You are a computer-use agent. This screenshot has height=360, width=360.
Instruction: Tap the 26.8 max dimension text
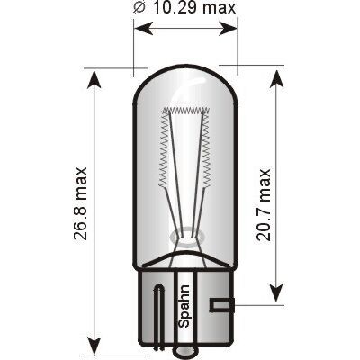tap(80, 204)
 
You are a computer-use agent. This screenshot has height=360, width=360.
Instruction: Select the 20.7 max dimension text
tap(264, 205)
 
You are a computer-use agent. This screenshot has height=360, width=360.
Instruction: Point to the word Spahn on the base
tap(184, 306)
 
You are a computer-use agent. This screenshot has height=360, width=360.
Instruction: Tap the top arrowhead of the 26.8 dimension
tap(94, 80)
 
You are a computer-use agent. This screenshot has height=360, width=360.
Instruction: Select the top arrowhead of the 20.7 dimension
tap(276, 79)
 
